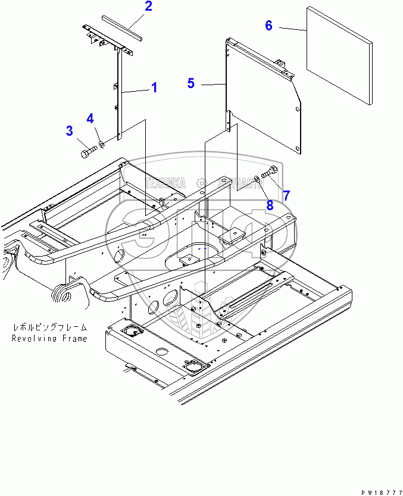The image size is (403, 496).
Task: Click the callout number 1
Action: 154,88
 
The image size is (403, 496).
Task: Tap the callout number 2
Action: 148,7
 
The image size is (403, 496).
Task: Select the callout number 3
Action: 70,130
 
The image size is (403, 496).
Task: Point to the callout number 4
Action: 90,118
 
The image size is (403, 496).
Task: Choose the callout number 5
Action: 190,83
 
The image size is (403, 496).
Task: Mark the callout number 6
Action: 268,26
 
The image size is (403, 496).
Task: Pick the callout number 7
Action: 286,195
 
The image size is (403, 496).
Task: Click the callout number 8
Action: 270,205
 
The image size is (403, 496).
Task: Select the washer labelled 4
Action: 102,144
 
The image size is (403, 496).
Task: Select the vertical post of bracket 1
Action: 118,95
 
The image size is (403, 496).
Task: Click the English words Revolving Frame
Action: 50,338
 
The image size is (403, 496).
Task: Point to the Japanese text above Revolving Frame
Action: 50,327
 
